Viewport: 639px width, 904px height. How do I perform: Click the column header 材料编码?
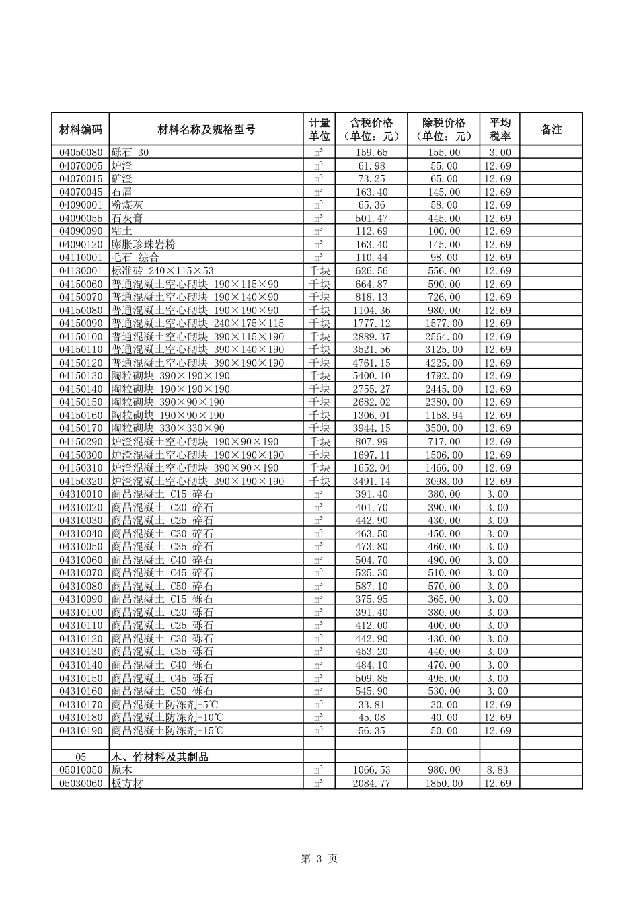coord(80,129)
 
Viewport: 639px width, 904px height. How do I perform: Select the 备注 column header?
coord(551,129)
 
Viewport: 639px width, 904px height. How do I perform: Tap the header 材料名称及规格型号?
coord(206,129)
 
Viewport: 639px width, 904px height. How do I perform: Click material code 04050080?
coord(80,153)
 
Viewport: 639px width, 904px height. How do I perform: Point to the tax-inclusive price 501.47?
coord(371,219)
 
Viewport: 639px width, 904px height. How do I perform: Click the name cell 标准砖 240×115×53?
coord(162,271)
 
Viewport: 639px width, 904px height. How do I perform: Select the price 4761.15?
coord(371,363)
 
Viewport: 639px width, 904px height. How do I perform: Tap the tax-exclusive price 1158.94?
coord(443,416)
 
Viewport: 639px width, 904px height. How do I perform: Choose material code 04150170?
coord(80,428)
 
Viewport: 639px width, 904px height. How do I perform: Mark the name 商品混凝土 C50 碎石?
coord(162,587)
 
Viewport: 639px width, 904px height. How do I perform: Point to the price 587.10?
coord(371,587)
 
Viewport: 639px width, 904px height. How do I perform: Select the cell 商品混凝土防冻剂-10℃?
coord(167,718)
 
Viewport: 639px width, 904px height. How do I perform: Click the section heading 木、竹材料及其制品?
coord(159,757)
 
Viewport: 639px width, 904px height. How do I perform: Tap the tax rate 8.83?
coord(498,770)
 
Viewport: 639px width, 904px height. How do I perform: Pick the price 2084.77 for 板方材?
coord(371,784)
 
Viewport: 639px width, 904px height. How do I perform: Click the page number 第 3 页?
coord(319,859)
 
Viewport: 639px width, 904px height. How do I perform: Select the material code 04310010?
coord(80,494)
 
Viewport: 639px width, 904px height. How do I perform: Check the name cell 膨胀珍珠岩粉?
coord(143,245)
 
